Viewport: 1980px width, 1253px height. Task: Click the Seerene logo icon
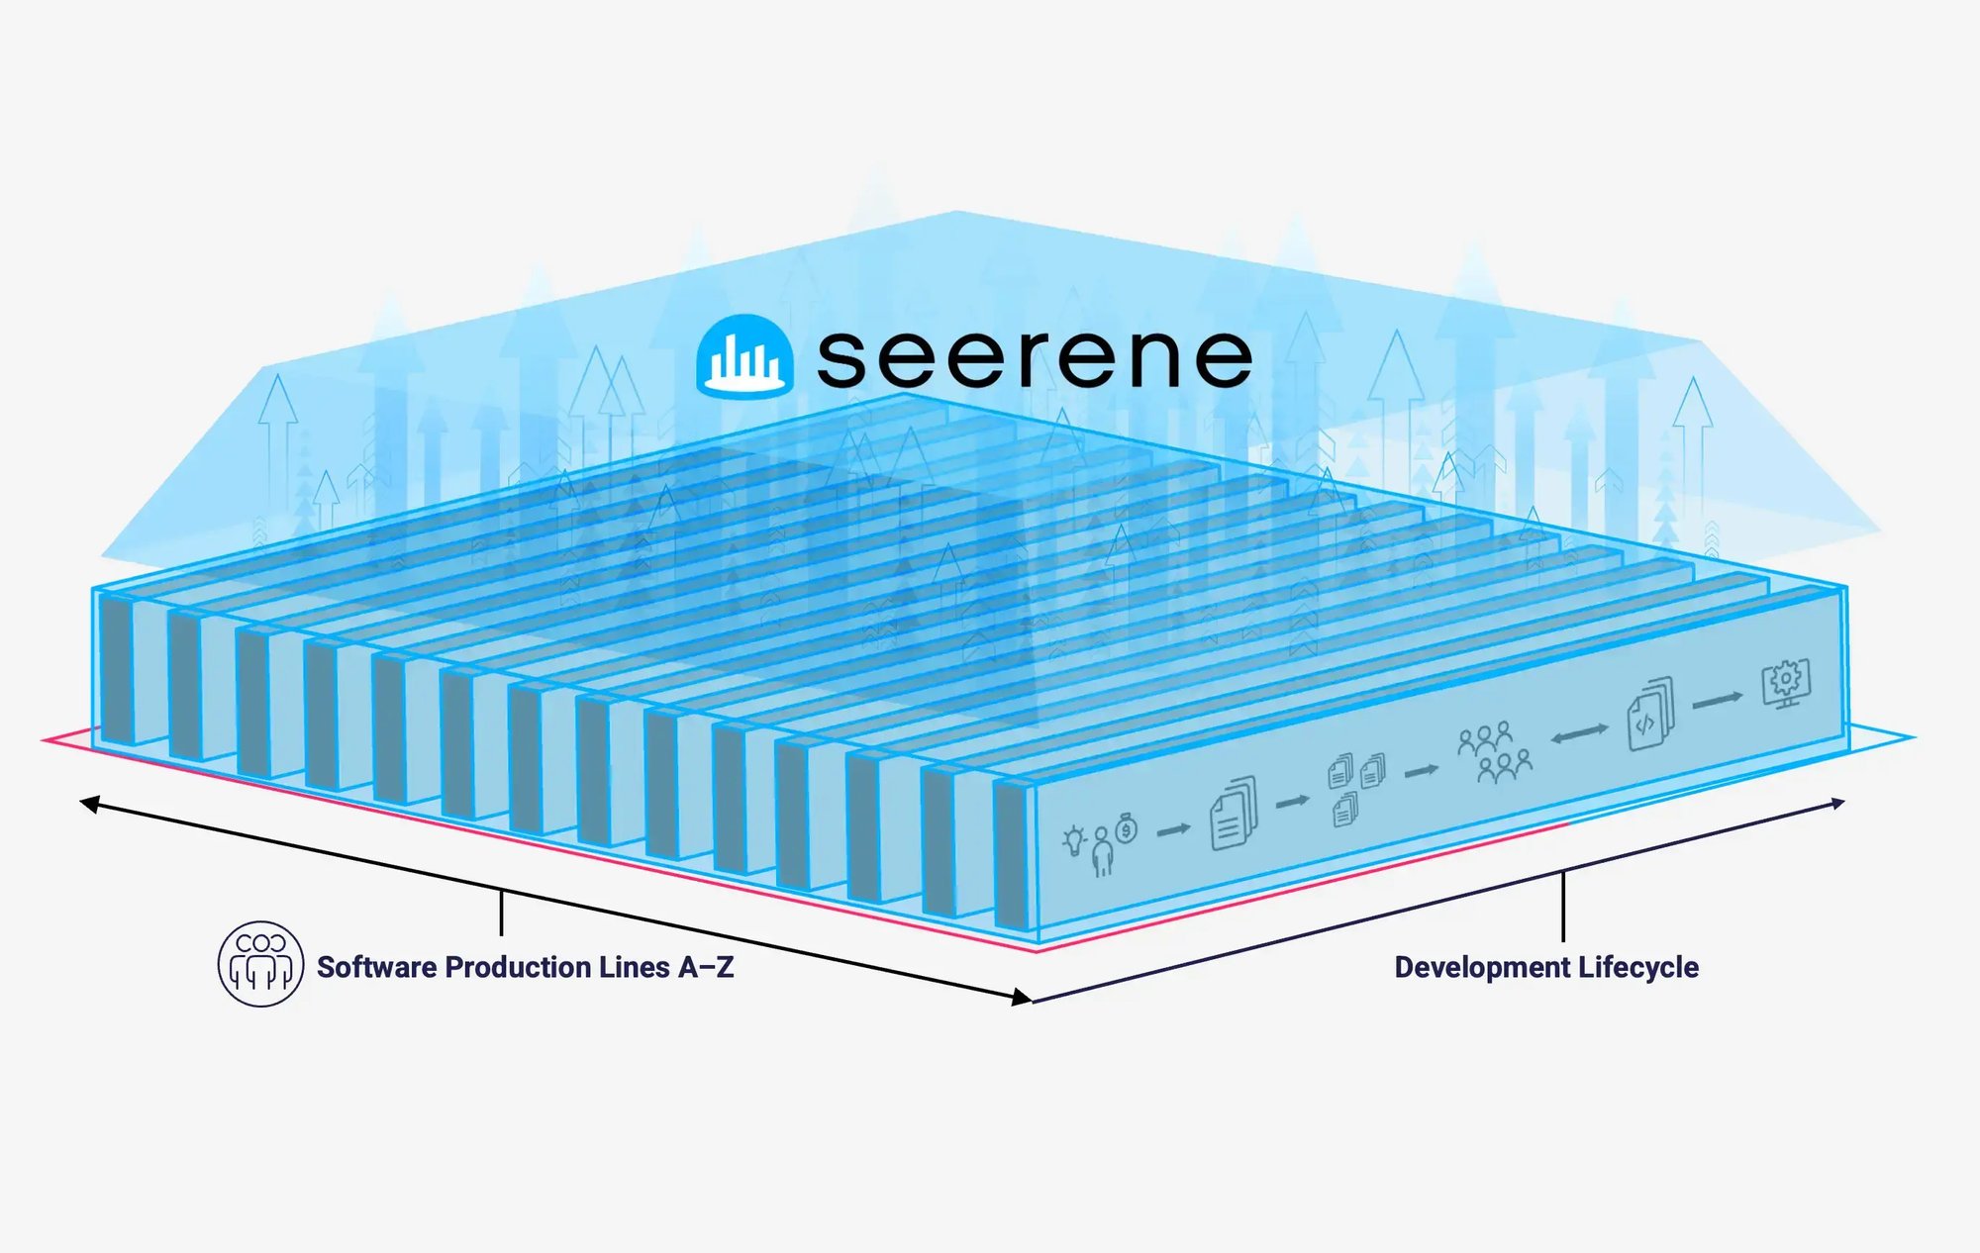(744, 356)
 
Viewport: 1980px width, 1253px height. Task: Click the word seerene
(1035, 357)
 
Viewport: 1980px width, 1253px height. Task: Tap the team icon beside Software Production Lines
(260, 964)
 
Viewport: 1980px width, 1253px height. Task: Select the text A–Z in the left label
(706, 967)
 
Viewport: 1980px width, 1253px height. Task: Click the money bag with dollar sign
(1127, 828)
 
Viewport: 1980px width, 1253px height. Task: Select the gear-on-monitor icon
(1786, 683)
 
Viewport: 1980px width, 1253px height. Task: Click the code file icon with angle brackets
(1649, 714)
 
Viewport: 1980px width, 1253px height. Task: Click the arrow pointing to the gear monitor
(1718, 700)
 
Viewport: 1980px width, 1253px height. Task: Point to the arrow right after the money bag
(1173, 829)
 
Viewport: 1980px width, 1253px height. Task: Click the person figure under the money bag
(1102, 854)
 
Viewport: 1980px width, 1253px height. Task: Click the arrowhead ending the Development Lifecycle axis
(1838, 803)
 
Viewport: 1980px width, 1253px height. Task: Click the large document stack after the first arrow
(1233, 815)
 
